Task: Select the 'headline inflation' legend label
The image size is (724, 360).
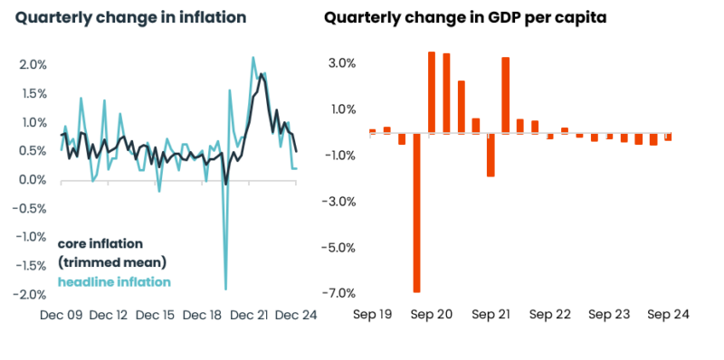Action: click(x=114, y=282)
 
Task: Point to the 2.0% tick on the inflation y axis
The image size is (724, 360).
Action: click(x=33, y=64)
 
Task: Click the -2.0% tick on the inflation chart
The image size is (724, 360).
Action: click(x=31, y=295)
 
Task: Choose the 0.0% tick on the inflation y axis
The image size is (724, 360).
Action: click(x=33, y=180)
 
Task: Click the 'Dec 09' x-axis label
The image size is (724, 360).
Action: click(x=62, y=315)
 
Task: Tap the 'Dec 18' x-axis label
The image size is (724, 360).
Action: click(x=203, y=315)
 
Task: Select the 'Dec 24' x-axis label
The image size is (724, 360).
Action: click(x=297, y=315)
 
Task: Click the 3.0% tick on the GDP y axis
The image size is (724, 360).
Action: click(x=343, y=63)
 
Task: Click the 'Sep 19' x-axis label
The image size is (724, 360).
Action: click(x=373, y=315)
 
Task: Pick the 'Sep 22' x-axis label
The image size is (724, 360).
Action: click(x=550, y=315)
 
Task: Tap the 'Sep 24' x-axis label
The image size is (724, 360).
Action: click(x=668, y=315)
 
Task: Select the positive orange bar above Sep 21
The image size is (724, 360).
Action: click(x=505, y=95)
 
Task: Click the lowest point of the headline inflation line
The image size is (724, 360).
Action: click(x=225, y=289)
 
